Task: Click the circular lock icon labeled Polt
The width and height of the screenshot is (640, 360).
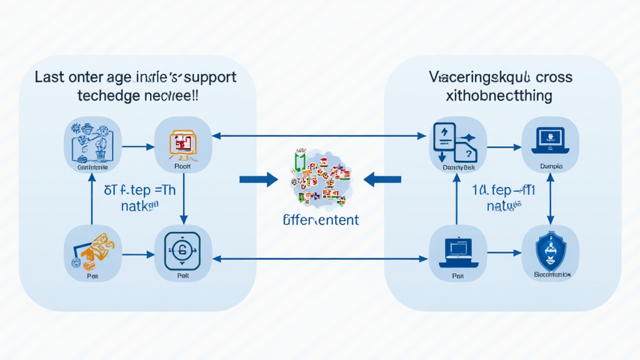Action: point(182,253)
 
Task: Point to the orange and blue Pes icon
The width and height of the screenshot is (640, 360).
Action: point(92,249)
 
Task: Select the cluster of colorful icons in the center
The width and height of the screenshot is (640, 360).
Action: point(319,178)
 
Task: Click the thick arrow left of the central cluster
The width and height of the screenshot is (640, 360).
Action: point(258,180)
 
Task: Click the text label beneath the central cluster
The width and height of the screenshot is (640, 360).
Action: point(321,219)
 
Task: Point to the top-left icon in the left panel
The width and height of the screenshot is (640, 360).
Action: point(92,142)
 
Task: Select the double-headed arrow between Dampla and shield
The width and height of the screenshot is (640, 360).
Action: point(550,197)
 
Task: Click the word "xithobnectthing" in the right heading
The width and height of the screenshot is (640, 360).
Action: point(499,96)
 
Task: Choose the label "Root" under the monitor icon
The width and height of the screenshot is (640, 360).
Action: point(182,167)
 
